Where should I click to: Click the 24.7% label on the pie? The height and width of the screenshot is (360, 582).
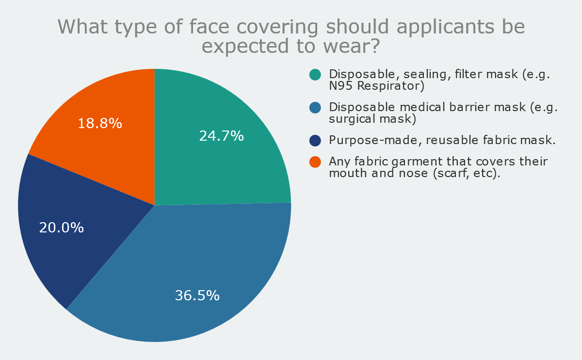221,136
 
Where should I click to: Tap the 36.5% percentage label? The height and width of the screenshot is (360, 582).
197,295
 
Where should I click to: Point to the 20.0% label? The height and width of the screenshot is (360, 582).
62,228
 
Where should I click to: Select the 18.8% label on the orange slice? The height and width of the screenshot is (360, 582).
100,123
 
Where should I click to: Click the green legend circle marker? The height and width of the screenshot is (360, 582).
315,75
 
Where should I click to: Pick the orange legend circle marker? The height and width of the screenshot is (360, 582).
315,162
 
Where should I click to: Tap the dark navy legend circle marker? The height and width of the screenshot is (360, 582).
315,140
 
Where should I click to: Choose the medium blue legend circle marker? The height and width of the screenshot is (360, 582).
315,107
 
